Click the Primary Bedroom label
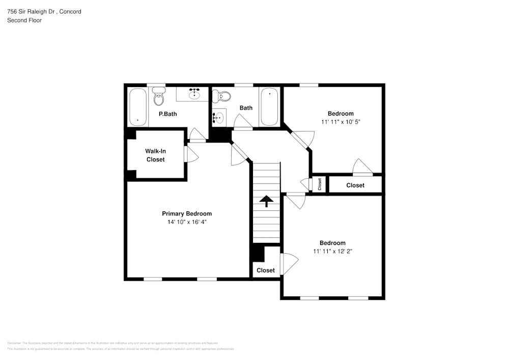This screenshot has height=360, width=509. tap(187, 213)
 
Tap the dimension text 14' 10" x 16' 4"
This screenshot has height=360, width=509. tap(187, 222)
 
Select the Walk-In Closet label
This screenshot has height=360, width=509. tap(155, 155)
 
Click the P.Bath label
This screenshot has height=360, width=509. tap(167, 114)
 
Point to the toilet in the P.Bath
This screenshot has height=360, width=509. tap(159, 97)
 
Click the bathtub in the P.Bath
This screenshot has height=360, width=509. tap(137, 107)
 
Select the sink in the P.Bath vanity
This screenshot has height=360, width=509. tap(194, 94)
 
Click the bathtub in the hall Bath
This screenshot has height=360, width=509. tap(269, 107)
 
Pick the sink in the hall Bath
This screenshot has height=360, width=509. tap(218, 118)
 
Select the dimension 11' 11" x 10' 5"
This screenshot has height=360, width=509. tap(341, 122)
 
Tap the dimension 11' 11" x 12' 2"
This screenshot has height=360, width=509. tap(332, 252)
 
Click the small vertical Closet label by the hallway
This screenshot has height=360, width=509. tap(320, 184)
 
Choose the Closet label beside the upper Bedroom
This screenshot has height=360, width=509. tap(355, 185)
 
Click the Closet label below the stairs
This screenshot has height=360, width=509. tap(266, 270)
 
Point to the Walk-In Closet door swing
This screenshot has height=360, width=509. tap(192, 154)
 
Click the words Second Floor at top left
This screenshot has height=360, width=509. tap(24, 20)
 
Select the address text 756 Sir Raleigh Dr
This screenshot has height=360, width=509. tap(31, 11)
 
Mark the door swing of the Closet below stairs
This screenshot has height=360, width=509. tap(289, 264)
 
